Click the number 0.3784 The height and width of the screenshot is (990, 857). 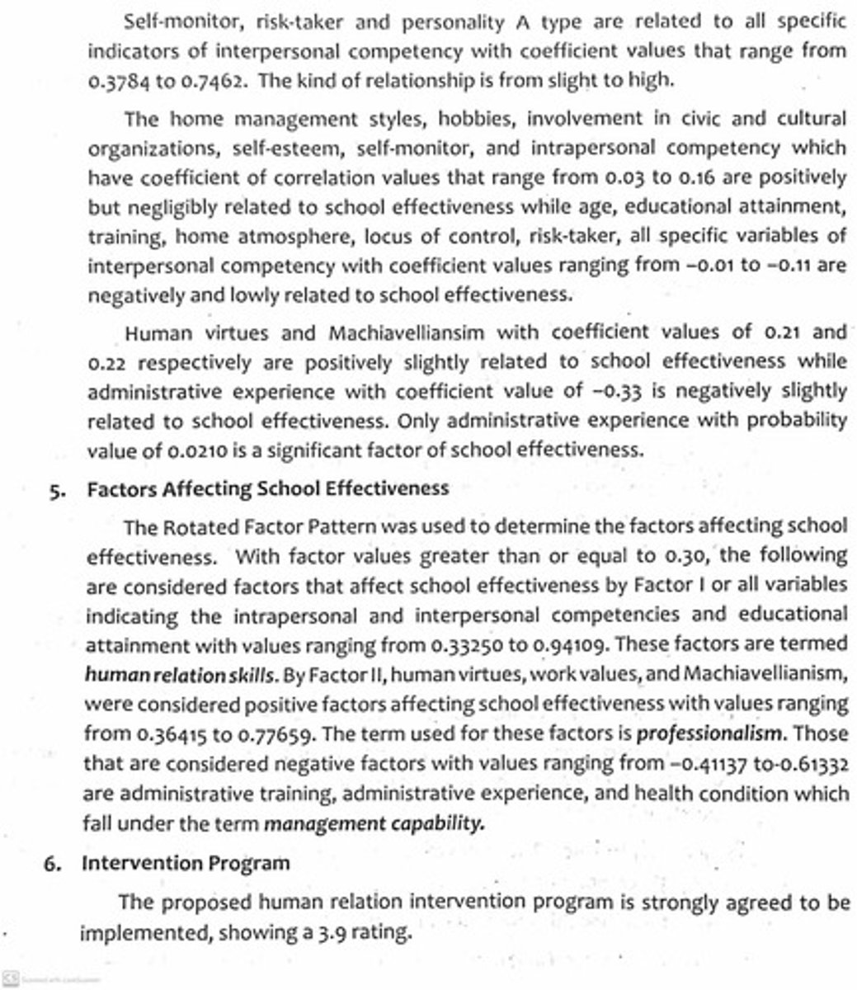[115, 82]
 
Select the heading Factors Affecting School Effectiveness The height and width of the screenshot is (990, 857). [268, 488]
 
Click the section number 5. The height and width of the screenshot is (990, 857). [55, 489]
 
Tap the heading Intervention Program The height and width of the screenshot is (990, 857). [186, 864]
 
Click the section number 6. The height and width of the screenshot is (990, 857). [51, 864]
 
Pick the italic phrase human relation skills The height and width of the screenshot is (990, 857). [179, 675]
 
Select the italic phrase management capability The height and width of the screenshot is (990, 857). [374, 823]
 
